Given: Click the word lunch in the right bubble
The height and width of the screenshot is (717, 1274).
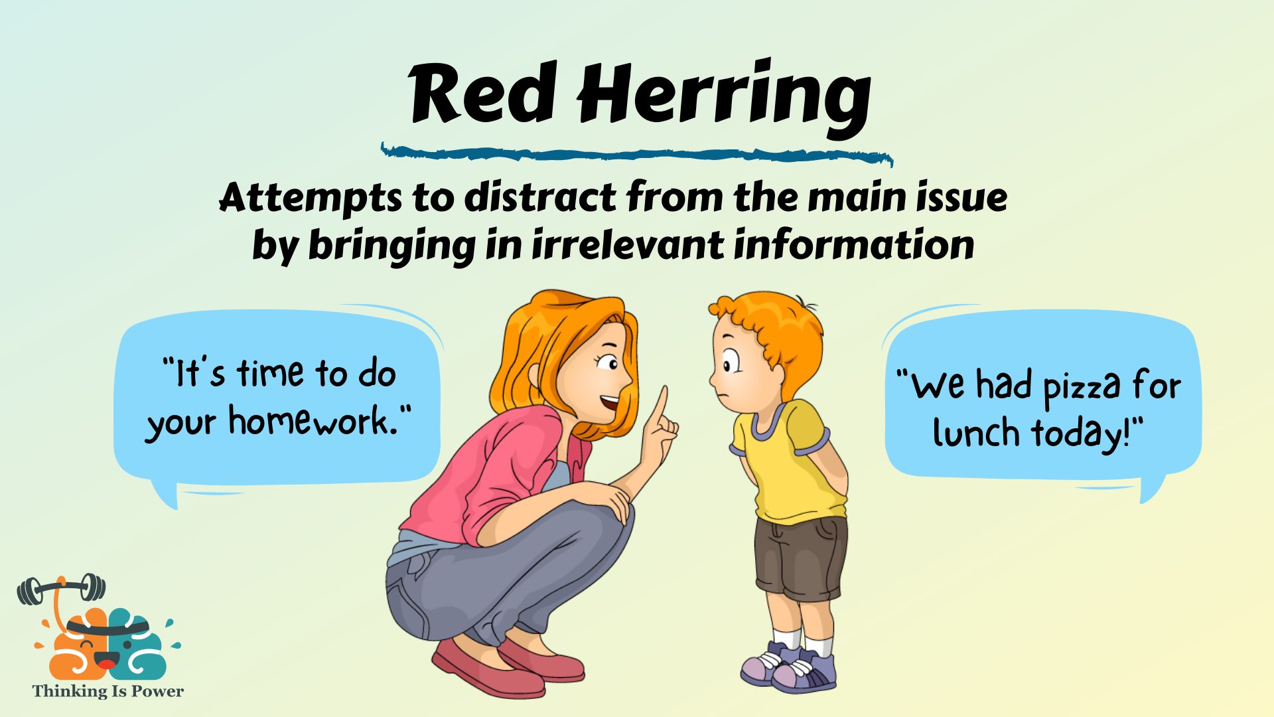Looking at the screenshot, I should [x=976, y=433].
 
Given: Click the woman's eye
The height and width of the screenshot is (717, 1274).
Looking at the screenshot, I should [x=608, y=363].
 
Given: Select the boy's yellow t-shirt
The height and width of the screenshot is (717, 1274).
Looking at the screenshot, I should [x=790, y=465].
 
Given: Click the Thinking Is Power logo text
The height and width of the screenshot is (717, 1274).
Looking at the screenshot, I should [x=107, y=691].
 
